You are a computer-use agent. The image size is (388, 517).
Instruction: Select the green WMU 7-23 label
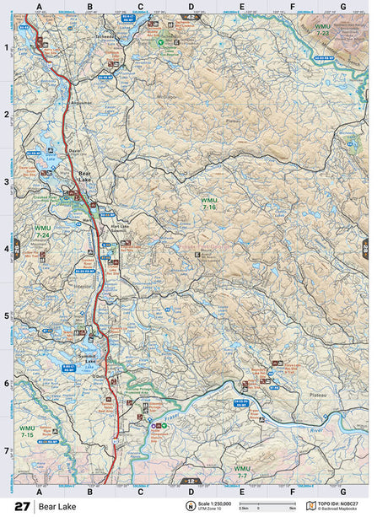click(322, 30)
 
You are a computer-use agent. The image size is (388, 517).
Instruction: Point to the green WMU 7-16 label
click(208, 203)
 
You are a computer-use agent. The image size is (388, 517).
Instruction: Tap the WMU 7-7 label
click(242, 471)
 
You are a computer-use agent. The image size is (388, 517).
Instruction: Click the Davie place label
click(75, 139)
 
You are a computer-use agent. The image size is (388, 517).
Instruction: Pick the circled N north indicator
click(191, 506)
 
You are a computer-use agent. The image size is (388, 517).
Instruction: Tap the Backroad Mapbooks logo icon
click(310, 506)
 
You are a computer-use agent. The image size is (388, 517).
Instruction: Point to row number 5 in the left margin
click(8, 316)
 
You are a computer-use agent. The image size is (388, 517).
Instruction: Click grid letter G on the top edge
click(342, 8)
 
